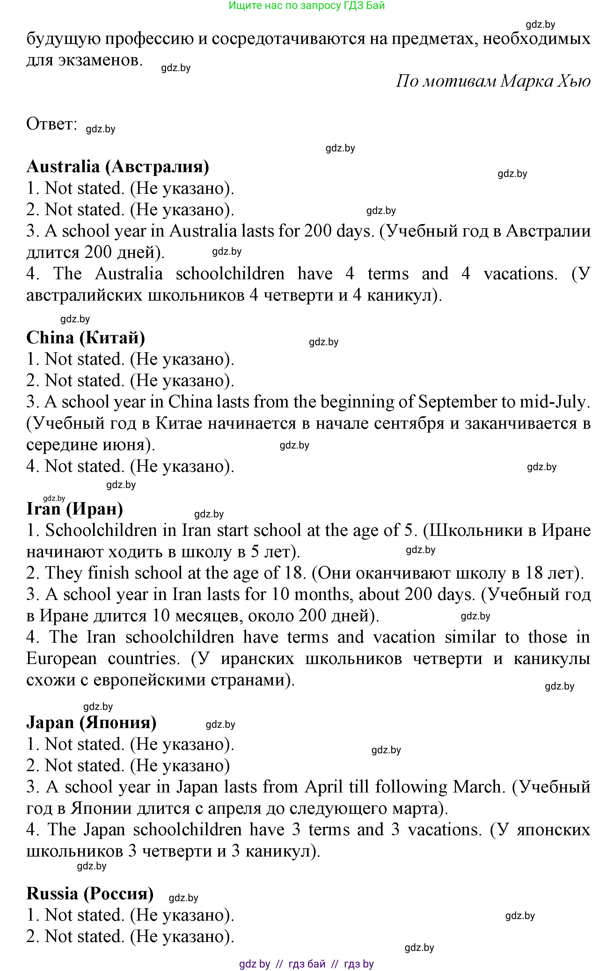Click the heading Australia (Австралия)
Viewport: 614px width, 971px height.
coord(118,166)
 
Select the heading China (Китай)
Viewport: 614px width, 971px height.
coord(85,338)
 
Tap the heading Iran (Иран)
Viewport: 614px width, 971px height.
coord(75,509)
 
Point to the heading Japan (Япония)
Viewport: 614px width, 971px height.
coord(91,722)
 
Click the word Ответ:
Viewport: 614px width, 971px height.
coord(52,124)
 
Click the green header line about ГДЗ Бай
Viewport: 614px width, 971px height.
coord(306,6)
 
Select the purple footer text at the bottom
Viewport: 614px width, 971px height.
coord(306,964)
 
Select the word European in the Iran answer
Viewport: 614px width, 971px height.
coord(62,659)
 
